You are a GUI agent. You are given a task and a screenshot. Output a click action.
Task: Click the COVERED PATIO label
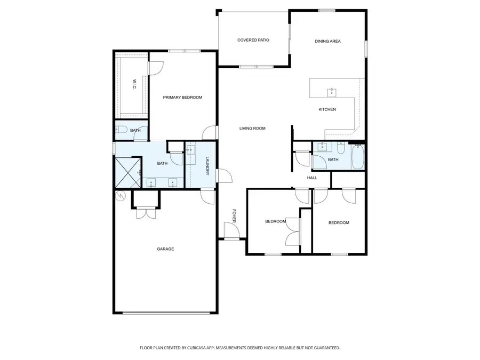pos(253,40)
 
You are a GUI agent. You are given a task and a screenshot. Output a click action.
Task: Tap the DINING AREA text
pos(327,41)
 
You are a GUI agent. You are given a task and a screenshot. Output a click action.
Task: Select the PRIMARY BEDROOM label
pos(182,98)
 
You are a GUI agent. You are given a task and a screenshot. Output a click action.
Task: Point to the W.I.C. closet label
pos(133,84)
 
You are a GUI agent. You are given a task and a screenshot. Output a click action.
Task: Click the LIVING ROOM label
pos(252,129)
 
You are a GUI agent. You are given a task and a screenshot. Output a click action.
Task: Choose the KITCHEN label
pos(327,110)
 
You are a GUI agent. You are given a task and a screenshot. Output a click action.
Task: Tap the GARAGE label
pos(165,249)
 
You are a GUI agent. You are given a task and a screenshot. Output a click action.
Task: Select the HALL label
pos(312,178)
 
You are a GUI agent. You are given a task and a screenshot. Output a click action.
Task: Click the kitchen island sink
pos(331,92)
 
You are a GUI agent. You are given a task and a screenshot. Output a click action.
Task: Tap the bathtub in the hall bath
pos(358,157)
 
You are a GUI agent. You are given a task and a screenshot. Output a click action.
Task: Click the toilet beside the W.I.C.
pos(121,130)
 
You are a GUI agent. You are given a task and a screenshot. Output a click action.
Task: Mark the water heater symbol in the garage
pos(120,197)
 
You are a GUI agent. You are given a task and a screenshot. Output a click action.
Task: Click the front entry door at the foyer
pos(231,231)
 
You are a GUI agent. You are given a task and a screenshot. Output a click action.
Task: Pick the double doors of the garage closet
pos(145,213)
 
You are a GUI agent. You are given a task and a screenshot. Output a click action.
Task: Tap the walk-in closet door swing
pos(155,68)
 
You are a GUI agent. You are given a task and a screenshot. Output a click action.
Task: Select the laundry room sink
pos(191,150)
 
